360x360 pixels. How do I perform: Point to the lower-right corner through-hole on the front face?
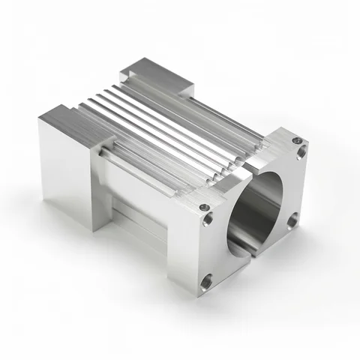click(x=293, y=219)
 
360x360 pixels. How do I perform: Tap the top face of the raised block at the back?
click(x=157, y=74)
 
